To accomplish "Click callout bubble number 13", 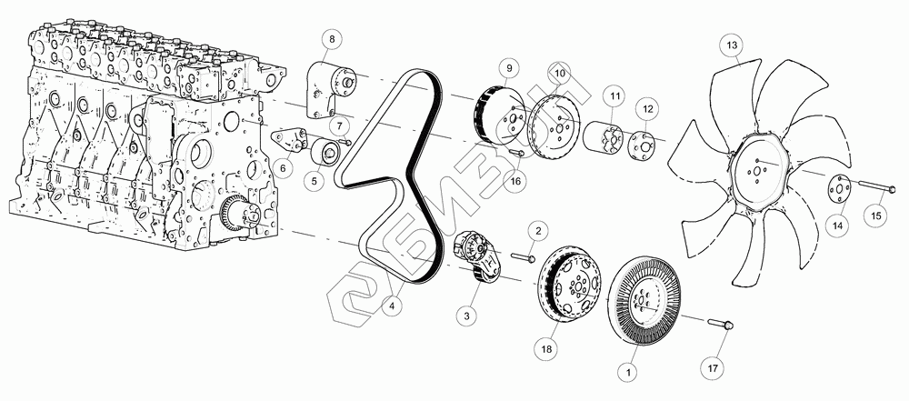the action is click(x=732, y=45).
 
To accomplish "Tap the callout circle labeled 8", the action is click(x=332, y=40).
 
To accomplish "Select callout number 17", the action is click(x=713, y=367).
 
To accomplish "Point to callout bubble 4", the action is click(x=393, y=306).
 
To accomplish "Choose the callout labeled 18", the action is click(x=548, y=349).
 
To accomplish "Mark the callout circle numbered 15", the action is click(x=876, y=216).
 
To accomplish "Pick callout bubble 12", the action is click(x=647, y=108).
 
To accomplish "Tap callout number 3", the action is click(x=466, y=316).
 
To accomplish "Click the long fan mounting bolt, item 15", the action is click(x=876, y=187).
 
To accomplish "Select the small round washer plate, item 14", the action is click(x=836, y=190).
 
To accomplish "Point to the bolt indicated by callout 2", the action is click(x=523, y=256).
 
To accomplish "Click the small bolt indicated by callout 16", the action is click(x=516, y=152).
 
